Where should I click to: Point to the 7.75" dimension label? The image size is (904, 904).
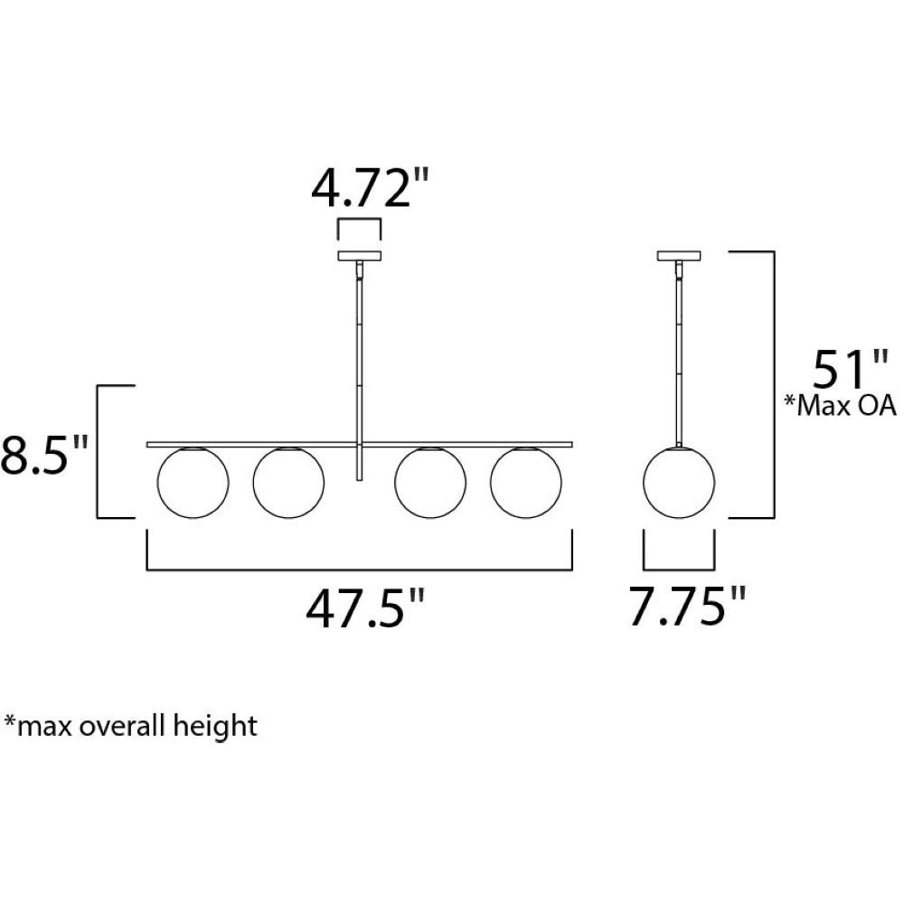(687, 606)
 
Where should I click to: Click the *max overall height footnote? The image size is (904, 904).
(130, 725)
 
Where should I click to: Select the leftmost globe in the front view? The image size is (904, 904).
(193, 483)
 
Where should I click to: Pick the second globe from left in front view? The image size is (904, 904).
(288, 483)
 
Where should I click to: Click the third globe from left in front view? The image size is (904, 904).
(430, 483)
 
